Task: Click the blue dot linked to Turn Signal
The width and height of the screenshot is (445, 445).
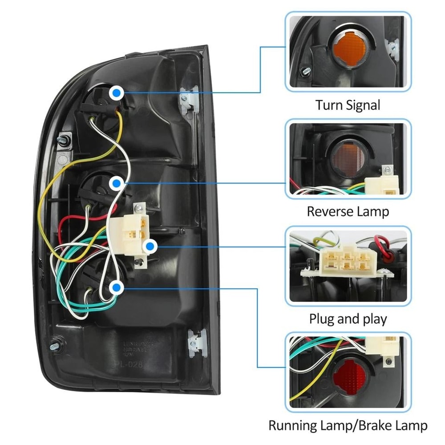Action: [117, 93]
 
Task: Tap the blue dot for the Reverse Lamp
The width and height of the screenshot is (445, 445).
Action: [117, 182]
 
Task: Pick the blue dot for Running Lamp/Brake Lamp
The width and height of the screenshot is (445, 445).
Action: [117, 288]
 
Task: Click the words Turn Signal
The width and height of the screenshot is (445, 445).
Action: [348, 105]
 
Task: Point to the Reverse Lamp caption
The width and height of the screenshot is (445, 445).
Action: [348, 211]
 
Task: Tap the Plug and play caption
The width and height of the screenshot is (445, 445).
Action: [348, 319]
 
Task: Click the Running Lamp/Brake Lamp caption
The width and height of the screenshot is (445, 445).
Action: [348, 425]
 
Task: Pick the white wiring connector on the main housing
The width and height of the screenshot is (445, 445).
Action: [133, 234]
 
